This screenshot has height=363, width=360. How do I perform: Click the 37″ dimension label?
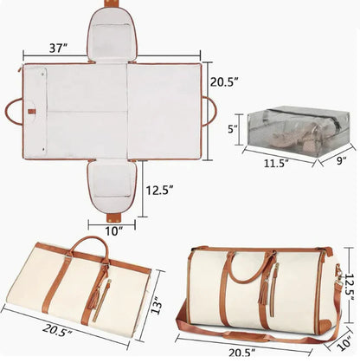[58, 48]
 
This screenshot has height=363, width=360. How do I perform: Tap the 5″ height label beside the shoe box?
[233, 129]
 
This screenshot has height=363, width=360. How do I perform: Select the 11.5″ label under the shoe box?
[276, 164]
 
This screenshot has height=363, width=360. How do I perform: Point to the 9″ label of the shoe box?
[342, 160]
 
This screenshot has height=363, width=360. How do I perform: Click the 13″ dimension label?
[157, 305]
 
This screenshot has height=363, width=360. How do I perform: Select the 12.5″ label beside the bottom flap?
[159, 191]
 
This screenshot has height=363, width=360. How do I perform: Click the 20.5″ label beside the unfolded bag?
[224, 82]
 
